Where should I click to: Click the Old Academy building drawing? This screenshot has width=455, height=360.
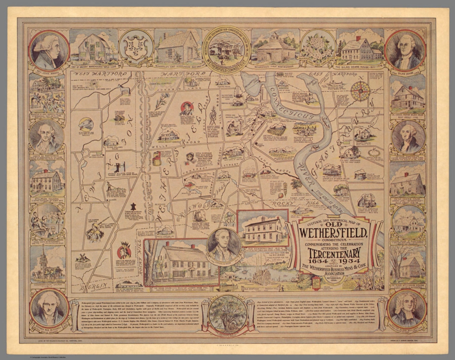pos(262,228)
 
